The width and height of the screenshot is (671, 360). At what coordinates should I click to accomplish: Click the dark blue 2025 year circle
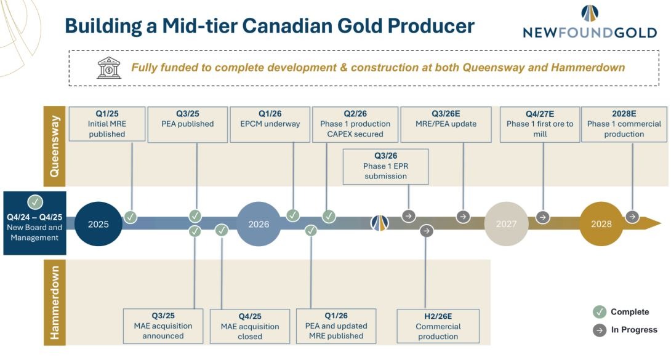[98, 223]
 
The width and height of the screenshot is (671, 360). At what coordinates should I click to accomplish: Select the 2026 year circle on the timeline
[259, 223]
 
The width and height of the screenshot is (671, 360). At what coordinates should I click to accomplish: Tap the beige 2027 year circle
[506, 223]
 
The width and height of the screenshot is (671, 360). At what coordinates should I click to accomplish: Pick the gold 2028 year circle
[601, 223]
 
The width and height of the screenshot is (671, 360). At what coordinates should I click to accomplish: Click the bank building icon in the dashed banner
[109, 68]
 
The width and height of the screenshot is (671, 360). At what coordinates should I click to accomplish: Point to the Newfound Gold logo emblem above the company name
[590, 14]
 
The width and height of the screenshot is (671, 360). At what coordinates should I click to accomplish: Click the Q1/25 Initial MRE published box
[107, 124]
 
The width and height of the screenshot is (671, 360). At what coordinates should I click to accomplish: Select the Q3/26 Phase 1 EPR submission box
[385, 166]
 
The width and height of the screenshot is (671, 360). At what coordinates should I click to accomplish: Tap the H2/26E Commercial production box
[438, 326]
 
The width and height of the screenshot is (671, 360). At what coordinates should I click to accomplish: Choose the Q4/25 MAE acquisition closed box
[250, 326]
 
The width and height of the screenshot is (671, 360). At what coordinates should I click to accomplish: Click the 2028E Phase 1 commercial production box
[624, 124]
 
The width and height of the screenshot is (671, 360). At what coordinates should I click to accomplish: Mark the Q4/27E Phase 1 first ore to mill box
[540, 124]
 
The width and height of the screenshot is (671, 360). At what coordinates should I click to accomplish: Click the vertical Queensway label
[54, 146]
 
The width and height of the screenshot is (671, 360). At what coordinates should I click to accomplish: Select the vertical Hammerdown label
[54, 302]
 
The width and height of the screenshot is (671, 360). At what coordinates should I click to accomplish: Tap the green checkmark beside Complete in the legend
[600, 311]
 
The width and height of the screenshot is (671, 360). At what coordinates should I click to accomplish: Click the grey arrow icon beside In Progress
[600, 330]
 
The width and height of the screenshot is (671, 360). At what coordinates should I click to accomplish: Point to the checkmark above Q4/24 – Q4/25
[35, 202]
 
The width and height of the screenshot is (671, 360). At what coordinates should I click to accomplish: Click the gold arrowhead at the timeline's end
[651, 223]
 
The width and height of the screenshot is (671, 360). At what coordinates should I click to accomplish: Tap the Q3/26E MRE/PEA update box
[446, 124]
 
